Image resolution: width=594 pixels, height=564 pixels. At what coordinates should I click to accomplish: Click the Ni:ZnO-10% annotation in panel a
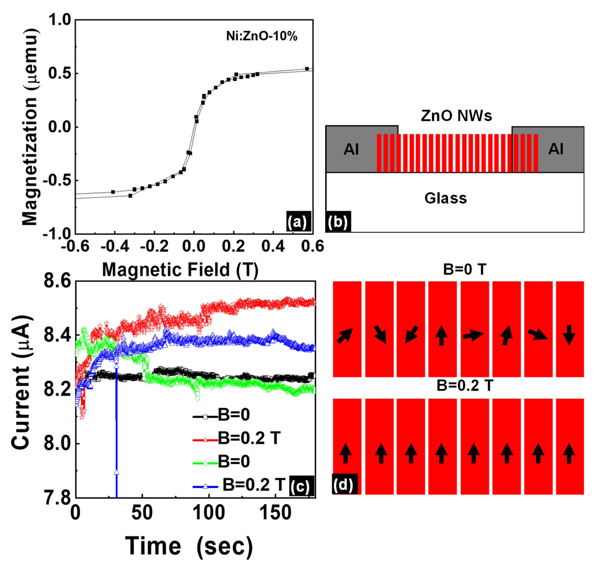262,36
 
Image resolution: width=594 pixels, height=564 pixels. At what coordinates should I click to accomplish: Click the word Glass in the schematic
446,198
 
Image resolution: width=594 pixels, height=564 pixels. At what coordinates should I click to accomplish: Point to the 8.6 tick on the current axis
57,281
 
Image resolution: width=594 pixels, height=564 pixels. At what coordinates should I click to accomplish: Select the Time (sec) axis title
189,546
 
